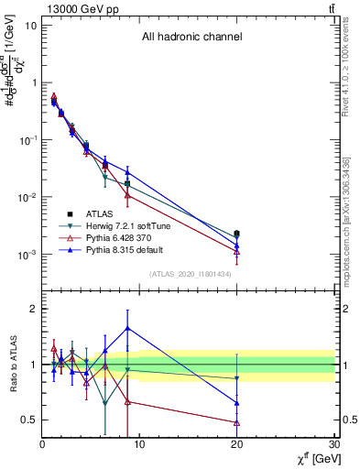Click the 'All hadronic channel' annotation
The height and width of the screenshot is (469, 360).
191,38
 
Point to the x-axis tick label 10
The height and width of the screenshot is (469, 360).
139,445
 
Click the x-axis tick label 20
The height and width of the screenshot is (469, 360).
237,445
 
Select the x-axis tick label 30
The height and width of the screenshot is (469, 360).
334,445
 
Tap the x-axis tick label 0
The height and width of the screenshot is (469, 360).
42,445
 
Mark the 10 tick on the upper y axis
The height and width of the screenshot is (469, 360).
30,25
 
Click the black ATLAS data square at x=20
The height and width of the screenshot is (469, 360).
237,234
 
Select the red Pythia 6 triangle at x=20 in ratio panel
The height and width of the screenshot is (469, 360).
237,422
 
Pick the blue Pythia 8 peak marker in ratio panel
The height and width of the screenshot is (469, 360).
127,327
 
